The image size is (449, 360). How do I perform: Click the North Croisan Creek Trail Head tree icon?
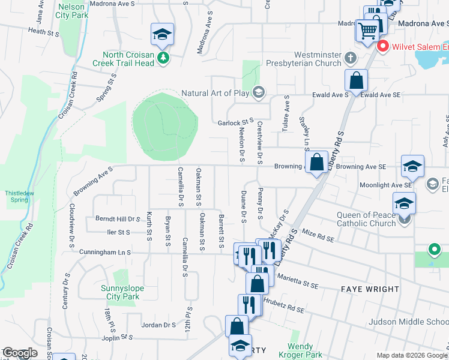point(163,58)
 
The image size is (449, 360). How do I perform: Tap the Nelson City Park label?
point(72,11)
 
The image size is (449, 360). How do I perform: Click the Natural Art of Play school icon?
point(259,92)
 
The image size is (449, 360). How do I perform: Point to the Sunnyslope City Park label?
point(120,292)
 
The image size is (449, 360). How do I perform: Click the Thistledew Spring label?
point(16,196)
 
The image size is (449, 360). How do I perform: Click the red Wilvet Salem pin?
point(381,46)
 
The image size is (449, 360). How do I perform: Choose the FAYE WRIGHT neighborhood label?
point(370,289)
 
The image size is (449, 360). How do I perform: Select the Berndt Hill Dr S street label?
point(117,220)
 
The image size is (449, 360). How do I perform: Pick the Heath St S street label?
point(44,31)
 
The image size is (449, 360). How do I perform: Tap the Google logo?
point(20,353)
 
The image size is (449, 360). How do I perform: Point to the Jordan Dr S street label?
point(158,325)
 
